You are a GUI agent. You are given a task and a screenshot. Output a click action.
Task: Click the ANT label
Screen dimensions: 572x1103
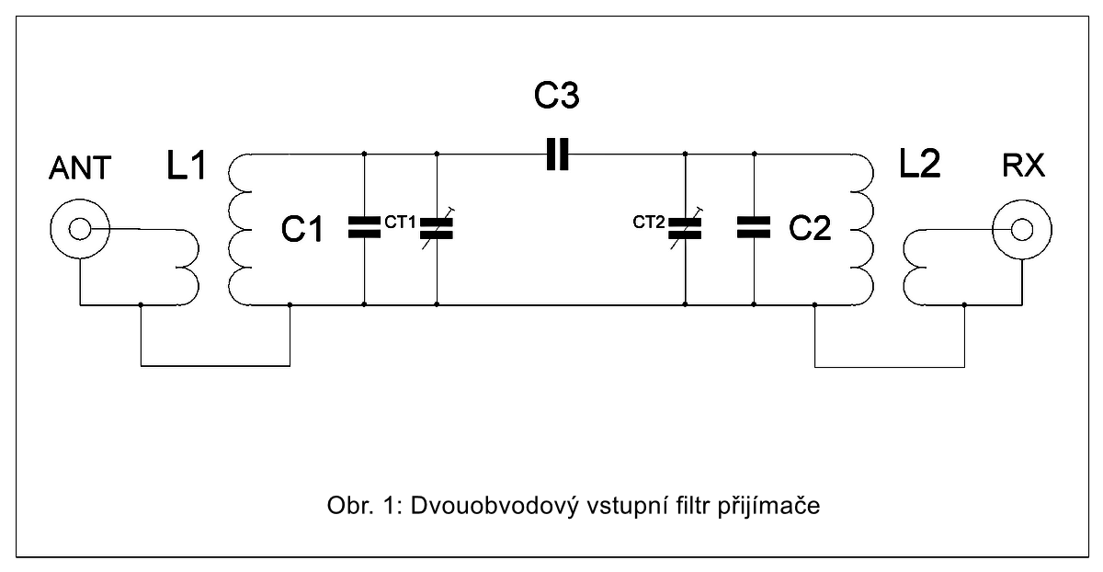pyautogui.click(x=80, y=168)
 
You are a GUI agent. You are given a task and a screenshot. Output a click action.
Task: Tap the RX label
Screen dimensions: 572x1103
pyautogui.click(x=1023, y=166)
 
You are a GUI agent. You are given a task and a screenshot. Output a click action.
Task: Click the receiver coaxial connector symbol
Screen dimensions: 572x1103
pyautogui.click(x=1023, y=228)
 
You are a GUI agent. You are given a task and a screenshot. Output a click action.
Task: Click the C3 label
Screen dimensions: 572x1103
pyautogui.click(x=557, y=97)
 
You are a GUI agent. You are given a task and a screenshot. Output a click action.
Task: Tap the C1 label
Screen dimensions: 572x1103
pyautogui.click(x=303, y=229)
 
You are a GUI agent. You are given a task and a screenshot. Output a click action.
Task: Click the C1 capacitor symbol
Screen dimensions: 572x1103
pyautogui.click(x=365, y=228)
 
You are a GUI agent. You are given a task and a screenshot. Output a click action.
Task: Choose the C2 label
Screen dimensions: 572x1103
pyautogui.click(x=810, y=228)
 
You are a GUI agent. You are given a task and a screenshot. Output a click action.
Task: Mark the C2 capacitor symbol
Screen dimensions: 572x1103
pyautogui.click(x=754, y=228)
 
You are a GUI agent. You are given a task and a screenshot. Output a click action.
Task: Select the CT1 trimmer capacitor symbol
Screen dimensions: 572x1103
pyautogui.click(x=437, y=228)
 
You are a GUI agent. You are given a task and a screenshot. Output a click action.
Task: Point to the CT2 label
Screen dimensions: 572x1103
pyautogui.click(x=649, y=221)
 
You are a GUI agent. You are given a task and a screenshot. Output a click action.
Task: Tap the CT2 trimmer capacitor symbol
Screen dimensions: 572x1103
pyautogui.click(x=686, y=228)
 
